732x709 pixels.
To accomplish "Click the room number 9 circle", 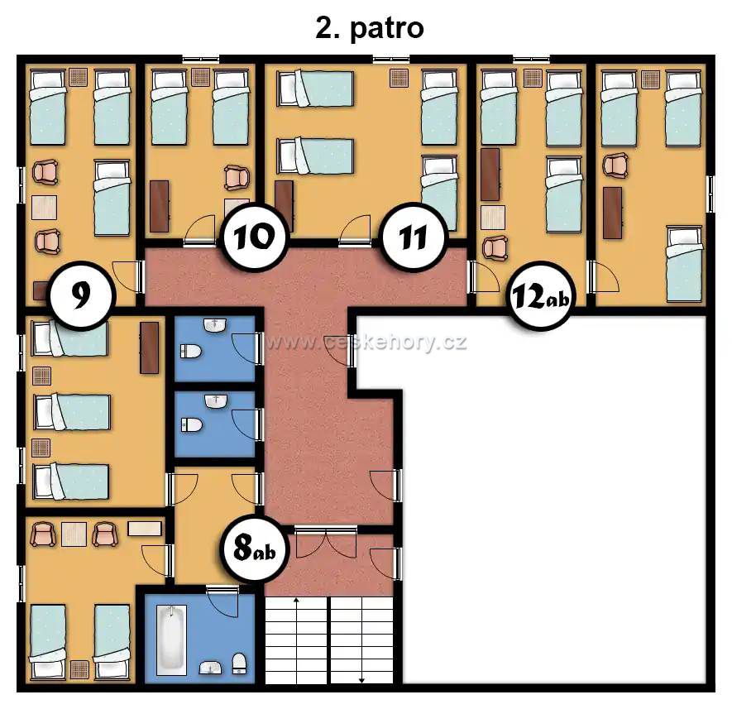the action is [x=82, y=295].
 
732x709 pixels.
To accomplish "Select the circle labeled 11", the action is [x=414, y=237].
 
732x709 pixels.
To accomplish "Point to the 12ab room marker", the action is [x=541, y=295].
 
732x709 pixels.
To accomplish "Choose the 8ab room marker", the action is [x=255, y=549].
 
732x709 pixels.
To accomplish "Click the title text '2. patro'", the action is [x=370, y=28].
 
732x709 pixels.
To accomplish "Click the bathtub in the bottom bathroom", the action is [x=171, y=640].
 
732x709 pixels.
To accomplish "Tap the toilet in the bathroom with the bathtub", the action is [x=240, y=663].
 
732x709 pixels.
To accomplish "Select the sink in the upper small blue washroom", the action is [x=215, y=325].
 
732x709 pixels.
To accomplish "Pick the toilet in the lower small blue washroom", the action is [x=191, y=425].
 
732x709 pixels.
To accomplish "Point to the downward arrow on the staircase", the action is [x=361, y=640].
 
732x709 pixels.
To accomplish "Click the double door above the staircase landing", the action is [x=326, y=542].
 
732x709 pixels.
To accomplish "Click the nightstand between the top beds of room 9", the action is [x=79, y=77].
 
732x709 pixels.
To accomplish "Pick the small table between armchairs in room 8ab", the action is [x=74, y=534].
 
